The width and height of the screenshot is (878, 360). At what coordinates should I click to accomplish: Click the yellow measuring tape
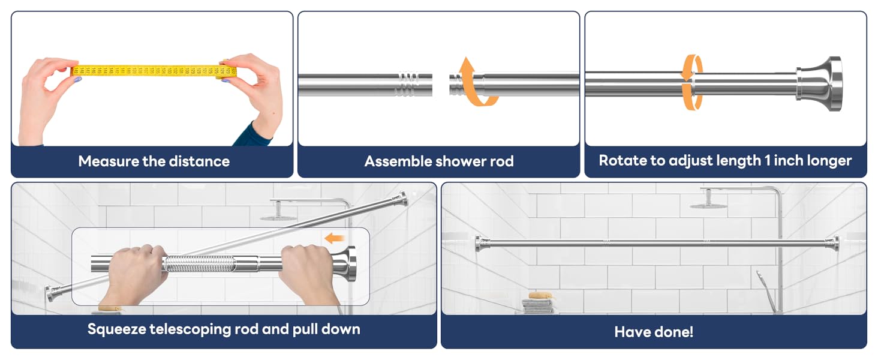click(153, 71)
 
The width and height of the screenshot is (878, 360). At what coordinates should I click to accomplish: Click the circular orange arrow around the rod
click(692, 82)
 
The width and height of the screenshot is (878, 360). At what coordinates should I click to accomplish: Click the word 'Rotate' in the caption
click(621, 161)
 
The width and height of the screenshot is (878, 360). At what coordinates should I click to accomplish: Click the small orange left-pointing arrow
click(333, 239)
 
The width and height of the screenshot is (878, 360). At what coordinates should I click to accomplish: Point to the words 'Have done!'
click(654, 332)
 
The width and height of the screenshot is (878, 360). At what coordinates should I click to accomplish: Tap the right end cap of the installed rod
click(832, 242)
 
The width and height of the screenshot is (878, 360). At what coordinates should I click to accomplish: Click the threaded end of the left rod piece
click(408, 83)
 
